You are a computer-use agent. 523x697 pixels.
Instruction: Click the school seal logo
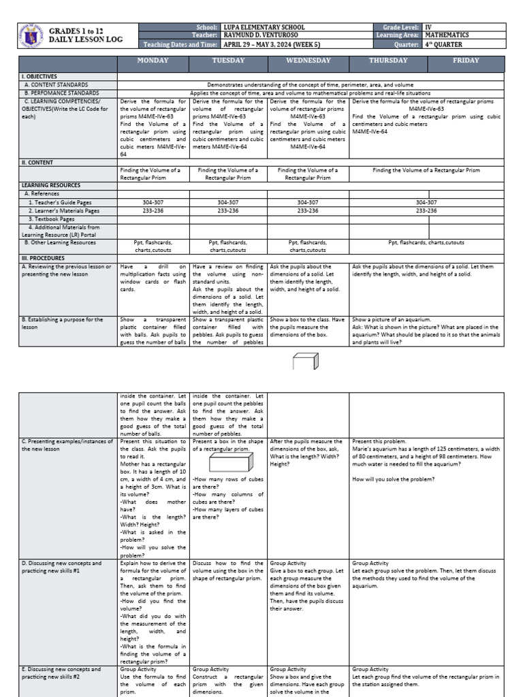32,36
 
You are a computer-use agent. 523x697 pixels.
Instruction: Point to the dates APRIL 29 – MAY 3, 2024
267,44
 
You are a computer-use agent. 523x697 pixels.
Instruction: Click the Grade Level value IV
429,27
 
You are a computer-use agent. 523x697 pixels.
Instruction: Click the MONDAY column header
153,61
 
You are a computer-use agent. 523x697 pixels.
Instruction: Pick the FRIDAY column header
466,61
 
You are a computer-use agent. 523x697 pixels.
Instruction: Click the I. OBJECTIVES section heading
39,77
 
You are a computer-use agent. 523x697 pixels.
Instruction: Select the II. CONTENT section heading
37,163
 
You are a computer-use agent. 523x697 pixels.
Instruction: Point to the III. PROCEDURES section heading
43,258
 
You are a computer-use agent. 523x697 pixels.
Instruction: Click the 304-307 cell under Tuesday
227,202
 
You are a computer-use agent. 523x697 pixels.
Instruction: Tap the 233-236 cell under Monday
153,210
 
